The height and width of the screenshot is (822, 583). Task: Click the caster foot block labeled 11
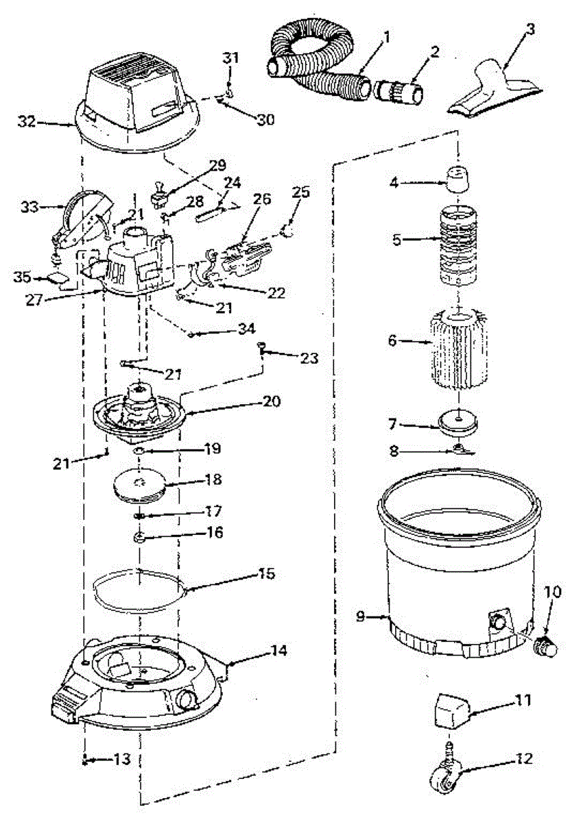pyautogui.click(x=449, y=712)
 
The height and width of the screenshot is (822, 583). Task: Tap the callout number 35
pyautogui.click(x=23, y=277)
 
